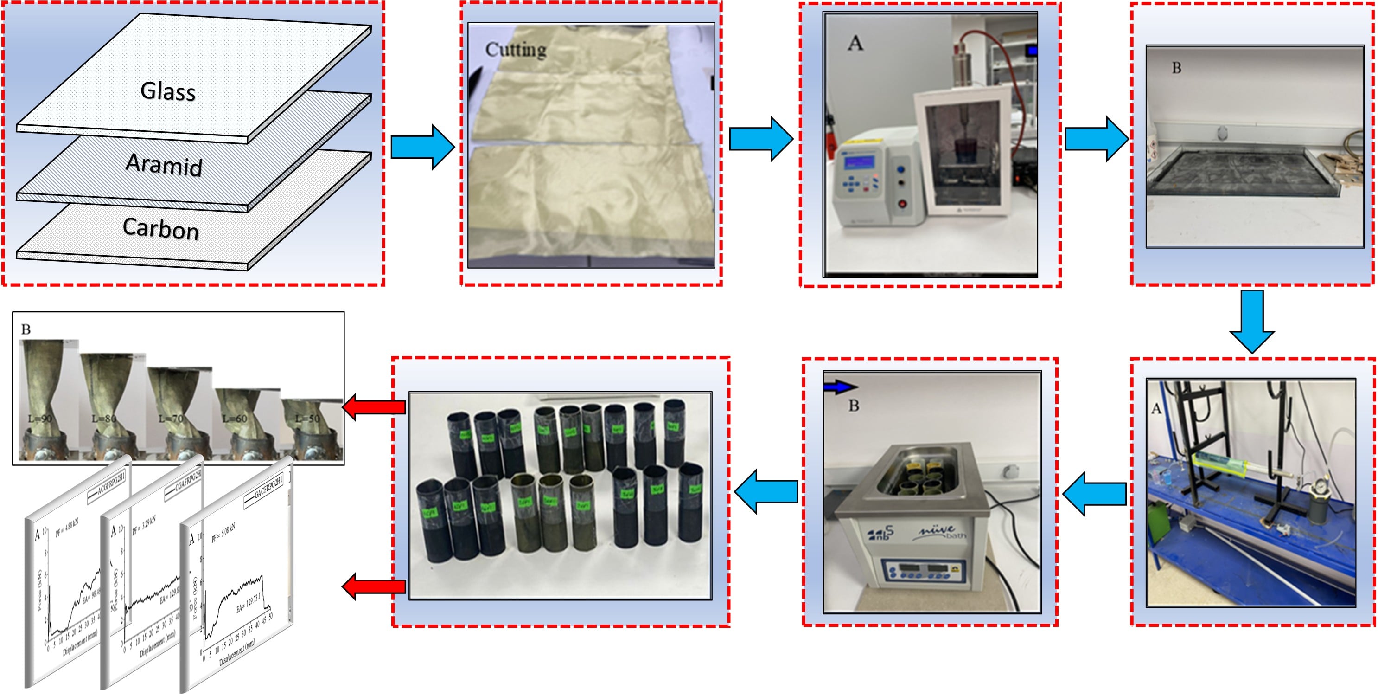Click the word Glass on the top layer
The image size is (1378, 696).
point(168,91)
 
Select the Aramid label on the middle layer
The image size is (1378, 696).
point(164,164)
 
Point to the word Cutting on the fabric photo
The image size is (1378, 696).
point(516,50)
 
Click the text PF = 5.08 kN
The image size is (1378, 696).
point(223,533)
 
